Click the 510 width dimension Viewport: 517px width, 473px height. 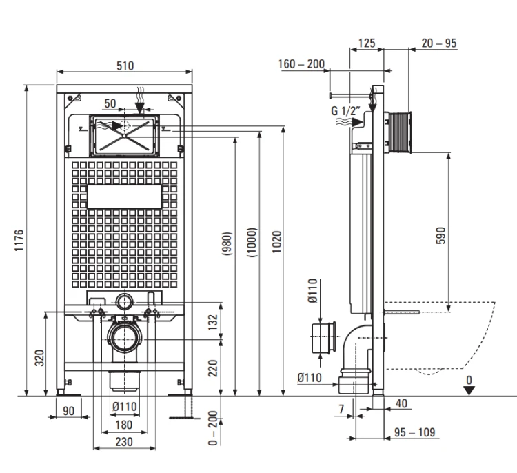coord(125,66)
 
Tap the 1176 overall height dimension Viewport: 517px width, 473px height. coord(19,240)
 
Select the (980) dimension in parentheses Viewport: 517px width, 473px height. coord(227,244)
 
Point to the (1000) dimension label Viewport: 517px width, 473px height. coord(252,243)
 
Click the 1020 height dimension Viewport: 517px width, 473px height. coord(277,242)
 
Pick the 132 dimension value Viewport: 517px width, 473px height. coord(213,322)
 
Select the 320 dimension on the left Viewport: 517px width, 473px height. coord(39,358)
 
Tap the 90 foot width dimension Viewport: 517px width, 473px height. coord(68,411)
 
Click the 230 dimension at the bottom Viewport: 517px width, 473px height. coord(124,442)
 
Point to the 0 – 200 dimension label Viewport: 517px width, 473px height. coord(213,427)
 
